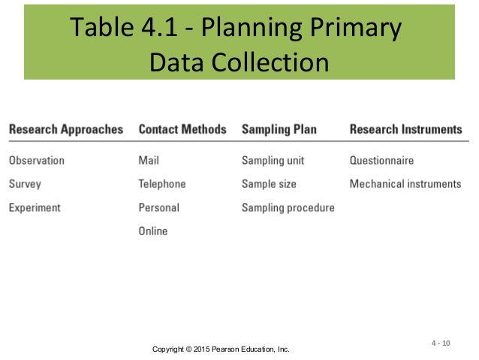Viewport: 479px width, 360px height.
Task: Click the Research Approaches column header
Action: click(x=66, y=129)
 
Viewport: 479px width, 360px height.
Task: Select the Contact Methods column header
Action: click(x=182, y=129)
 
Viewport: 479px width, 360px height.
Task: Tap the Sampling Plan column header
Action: click(x=279, y=129)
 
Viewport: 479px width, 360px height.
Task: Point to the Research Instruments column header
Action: click(x=406, y=129)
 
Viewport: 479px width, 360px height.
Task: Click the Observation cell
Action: click(x=37, y=160)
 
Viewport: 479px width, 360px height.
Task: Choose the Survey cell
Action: click(x=25, y=183)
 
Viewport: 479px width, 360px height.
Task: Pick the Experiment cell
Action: click(x=35, y=207)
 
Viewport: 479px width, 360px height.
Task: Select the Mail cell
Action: click(x=149, y=160)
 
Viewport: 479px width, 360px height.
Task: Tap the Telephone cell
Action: click(x=162, y=183)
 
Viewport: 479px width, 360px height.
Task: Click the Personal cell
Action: click(x=159, y=207)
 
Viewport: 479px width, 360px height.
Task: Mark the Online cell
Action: click(x=153, y=231)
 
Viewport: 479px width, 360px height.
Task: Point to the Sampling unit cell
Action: click(x=273, y=160)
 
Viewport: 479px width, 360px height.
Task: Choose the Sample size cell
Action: click(x=269, y=183)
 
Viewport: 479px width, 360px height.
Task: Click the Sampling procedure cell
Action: click(x=288, y=207)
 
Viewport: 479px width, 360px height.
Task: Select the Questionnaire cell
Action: click(x=382, y=160)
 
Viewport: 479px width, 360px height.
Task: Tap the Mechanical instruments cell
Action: click(x=405, y=183)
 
